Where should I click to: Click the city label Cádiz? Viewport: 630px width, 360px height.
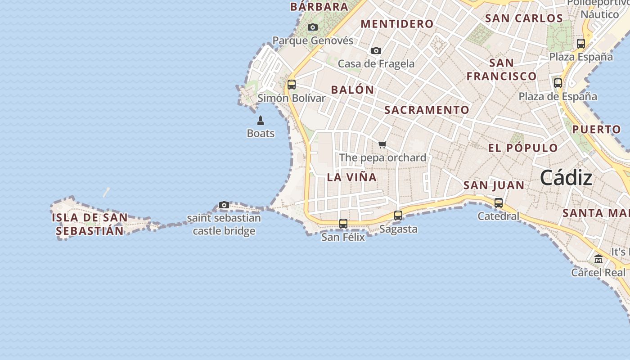566,178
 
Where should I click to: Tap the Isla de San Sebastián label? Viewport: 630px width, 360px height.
90,224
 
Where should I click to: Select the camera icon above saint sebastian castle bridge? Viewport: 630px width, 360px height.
224,205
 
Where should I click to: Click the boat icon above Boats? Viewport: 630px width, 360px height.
261,121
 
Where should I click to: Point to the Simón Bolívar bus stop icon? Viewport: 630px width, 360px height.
292,84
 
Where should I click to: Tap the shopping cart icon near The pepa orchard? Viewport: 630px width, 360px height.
382,144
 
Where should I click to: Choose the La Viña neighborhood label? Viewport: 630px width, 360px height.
352,177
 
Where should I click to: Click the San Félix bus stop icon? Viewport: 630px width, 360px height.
343,223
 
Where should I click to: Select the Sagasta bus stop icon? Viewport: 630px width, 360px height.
398,216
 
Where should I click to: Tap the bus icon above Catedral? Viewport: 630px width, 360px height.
499,203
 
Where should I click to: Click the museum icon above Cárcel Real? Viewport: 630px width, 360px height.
598,259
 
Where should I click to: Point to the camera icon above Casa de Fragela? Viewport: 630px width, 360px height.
376,51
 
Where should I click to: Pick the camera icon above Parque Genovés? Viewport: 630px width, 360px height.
313,27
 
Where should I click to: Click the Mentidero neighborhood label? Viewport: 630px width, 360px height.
397,24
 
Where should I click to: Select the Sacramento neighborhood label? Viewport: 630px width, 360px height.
427,110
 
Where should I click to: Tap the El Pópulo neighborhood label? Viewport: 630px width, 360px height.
523,148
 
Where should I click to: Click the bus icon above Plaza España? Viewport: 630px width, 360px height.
581,44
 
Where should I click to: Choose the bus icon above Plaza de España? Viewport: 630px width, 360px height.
558,83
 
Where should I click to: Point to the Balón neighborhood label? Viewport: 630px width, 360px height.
353,90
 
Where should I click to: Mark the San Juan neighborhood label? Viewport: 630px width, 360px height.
494,185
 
